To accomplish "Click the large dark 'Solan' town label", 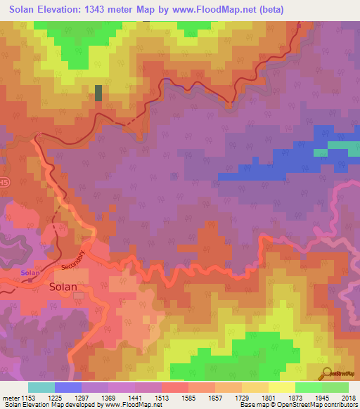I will tap(63, 286).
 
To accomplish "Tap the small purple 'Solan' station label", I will tap(30, 273).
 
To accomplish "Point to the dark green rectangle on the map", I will tap(98, 93).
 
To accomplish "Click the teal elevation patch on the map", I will tap(320, 152).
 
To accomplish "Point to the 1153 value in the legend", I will tap(29, 397).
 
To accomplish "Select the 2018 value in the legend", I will tap(349, 397).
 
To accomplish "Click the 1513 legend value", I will tap(162, 397).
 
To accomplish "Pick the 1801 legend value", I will tap(269, 397).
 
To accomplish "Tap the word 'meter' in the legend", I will tap(10, 397).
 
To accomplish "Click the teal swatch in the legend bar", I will tap(41, 387).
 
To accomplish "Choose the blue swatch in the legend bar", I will tap(68, 387).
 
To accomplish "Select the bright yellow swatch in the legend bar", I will tap(282, 387).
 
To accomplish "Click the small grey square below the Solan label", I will tap(78, 295).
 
